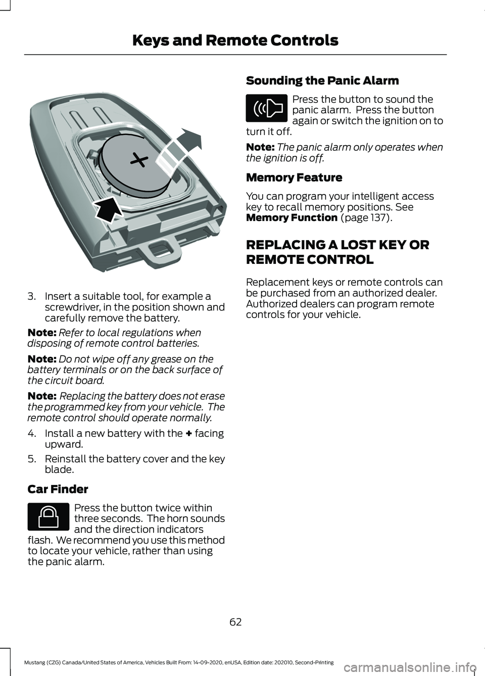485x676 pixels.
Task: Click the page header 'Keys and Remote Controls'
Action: pos(235,40)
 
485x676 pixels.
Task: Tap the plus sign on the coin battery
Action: pos(139,161)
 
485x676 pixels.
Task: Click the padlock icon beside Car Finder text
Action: pos(48,517)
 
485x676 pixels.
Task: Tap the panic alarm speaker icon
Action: pos(267,108)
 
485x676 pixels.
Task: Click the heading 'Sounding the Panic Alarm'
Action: pos(322,81)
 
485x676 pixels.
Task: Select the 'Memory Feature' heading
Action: pos(294,178)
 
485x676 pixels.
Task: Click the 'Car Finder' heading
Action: pos(58,489)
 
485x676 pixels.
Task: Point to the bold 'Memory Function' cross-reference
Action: pos(292,218)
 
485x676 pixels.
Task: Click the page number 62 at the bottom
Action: pos(235,622)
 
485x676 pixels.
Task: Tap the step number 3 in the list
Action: pos(31,297)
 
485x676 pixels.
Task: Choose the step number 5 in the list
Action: pos(31,459)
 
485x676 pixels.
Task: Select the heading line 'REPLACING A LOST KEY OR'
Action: pos(337,245)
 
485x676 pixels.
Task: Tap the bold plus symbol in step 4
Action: pos(188,434)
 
